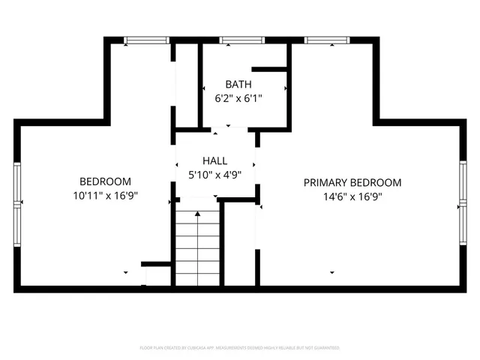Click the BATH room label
tap(238, 85)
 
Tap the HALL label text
tap(214, 161)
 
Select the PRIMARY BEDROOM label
tap(352, 182)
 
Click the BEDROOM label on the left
tap(106, 181)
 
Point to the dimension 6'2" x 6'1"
tap(238, 98)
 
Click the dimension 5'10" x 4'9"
tap(214, 175)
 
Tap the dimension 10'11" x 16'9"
tap(106, 196)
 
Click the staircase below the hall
tap(198, 247)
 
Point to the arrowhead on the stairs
tap(198, 214)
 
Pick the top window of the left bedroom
tap(147, 40)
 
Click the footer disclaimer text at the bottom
tap(240, 348)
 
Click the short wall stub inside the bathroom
tap(270, 70)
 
